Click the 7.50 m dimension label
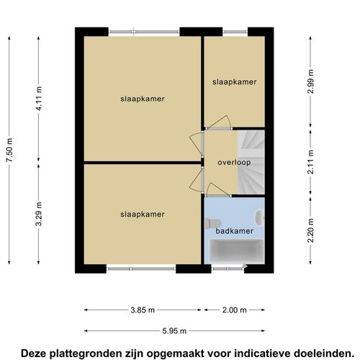[x=9, y=150]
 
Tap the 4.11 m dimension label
[x=39, y=98]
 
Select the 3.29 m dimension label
[x=39, y=214]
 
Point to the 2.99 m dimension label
[x=310, y=81]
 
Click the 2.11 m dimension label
[x=310, y=162]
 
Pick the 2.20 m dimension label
[x=310, y=230]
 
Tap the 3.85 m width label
[x=143, y=310]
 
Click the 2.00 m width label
[x=234, y=310]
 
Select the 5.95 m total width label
[x=174, y=331]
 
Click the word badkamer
[x=235, y=231]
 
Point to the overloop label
[x=234, y=163]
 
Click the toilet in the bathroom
[x=212, y=224]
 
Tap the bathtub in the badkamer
[x=236, y=251]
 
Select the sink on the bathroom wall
[x=261, y=218]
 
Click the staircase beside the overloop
[x=251, y=162]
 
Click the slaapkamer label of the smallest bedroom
[x=234, y=82]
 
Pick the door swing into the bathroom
[x=217, y=189]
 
